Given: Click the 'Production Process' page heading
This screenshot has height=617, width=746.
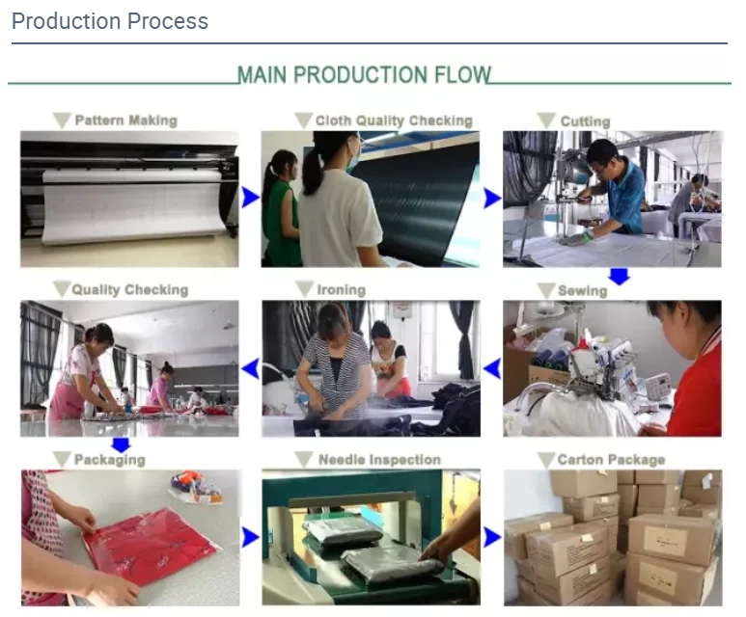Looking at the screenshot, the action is coord(110,21).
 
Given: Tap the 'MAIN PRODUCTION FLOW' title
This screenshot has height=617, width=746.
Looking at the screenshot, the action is coord(364,74).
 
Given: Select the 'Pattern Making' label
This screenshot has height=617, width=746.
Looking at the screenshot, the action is coord(126,121).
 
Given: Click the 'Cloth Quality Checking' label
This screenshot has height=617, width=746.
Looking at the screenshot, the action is coord(394,121).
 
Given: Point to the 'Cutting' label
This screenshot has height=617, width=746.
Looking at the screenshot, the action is coord(585,121).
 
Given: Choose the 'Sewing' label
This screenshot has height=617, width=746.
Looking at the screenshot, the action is coord(582,290).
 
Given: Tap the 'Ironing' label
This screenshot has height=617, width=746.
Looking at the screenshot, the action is coord(342,289).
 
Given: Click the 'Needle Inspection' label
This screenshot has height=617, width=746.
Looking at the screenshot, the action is coord(379,460).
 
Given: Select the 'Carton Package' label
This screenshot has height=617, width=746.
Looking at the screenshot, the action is coord(611,460).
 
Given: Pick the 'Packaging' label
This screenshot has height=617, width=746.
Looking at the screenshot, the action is coord(110,460).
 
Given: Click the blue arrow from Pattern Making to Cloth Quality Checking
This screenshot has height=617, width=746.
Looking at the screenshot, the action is coord(250,198).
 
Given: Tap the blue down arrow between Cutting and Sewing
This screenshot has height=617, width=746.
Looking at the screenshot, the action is coord(620,276).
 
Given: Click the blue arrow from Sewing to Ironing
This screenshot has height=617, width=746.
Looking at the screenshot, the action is coord(492,368).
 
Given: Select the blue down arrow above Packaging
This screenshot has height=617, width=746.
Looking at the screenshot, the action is coord(121,445).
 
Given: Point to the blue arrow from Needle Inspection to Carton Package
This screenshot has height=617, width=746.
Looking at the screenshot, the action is coord(492,537).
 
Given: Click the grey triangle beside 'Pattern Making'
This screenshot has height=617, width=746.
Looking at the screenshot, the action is coord(62,121).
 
